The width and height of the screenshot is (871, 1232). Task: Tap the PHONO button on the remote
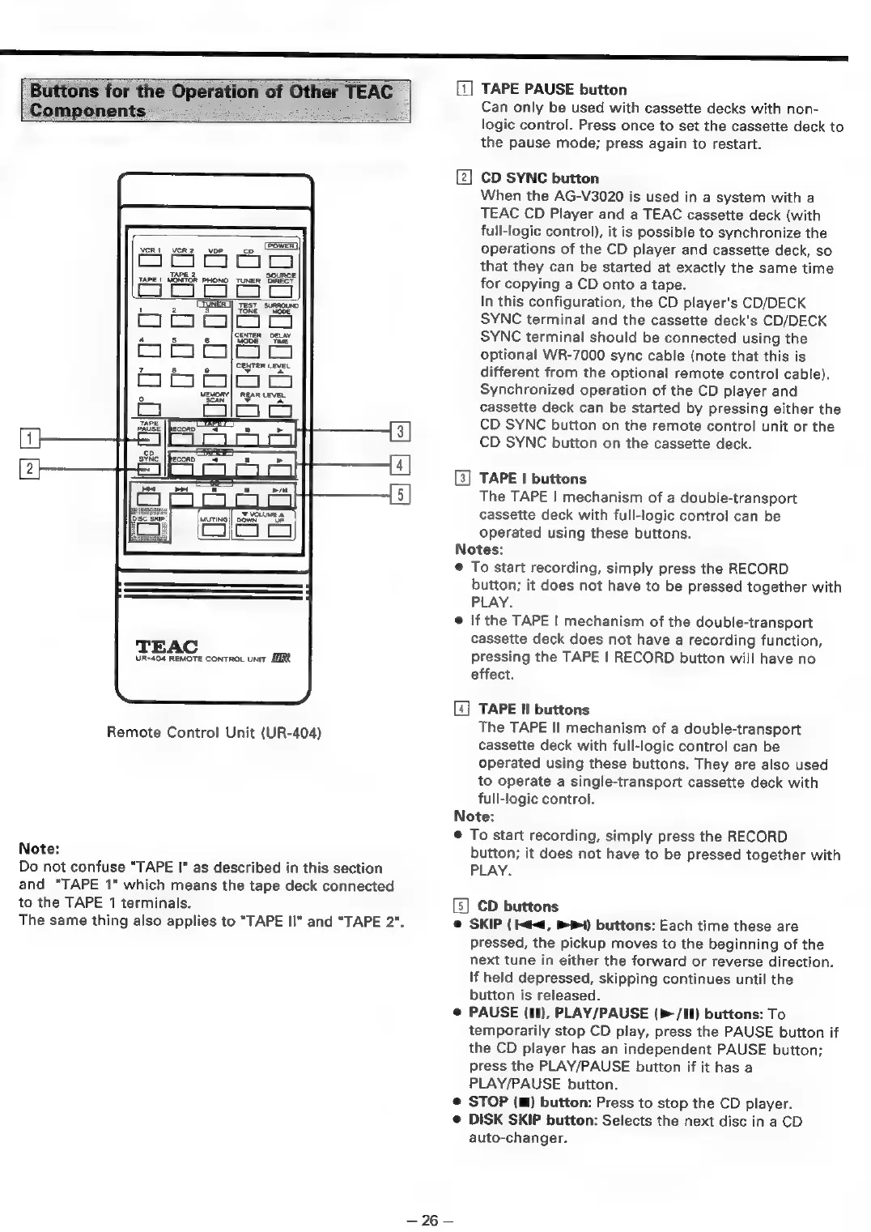[215, 292]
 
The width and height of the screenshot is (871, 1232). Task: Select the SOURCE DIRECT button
[281, 292]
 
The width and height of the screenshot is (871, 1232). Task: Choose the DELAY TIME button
[281, 352]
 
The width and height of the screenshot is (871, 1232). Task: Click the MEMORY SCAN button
[215, 411]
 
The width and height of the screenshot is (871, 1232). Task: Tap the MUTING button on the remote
[213, 530]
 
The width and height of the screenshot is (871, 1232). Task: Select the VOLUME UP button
[281, 530]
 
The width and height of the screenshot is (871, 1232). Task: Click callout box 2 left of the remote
[29, 467]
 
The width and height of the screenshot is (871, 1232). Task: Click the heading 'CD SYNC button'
[539, 178]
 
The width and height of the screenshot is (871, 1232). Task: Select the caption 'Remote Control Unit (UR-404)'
[215, 733]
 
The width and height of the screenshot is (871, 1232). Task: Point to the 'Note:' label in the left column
[39, 849]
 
